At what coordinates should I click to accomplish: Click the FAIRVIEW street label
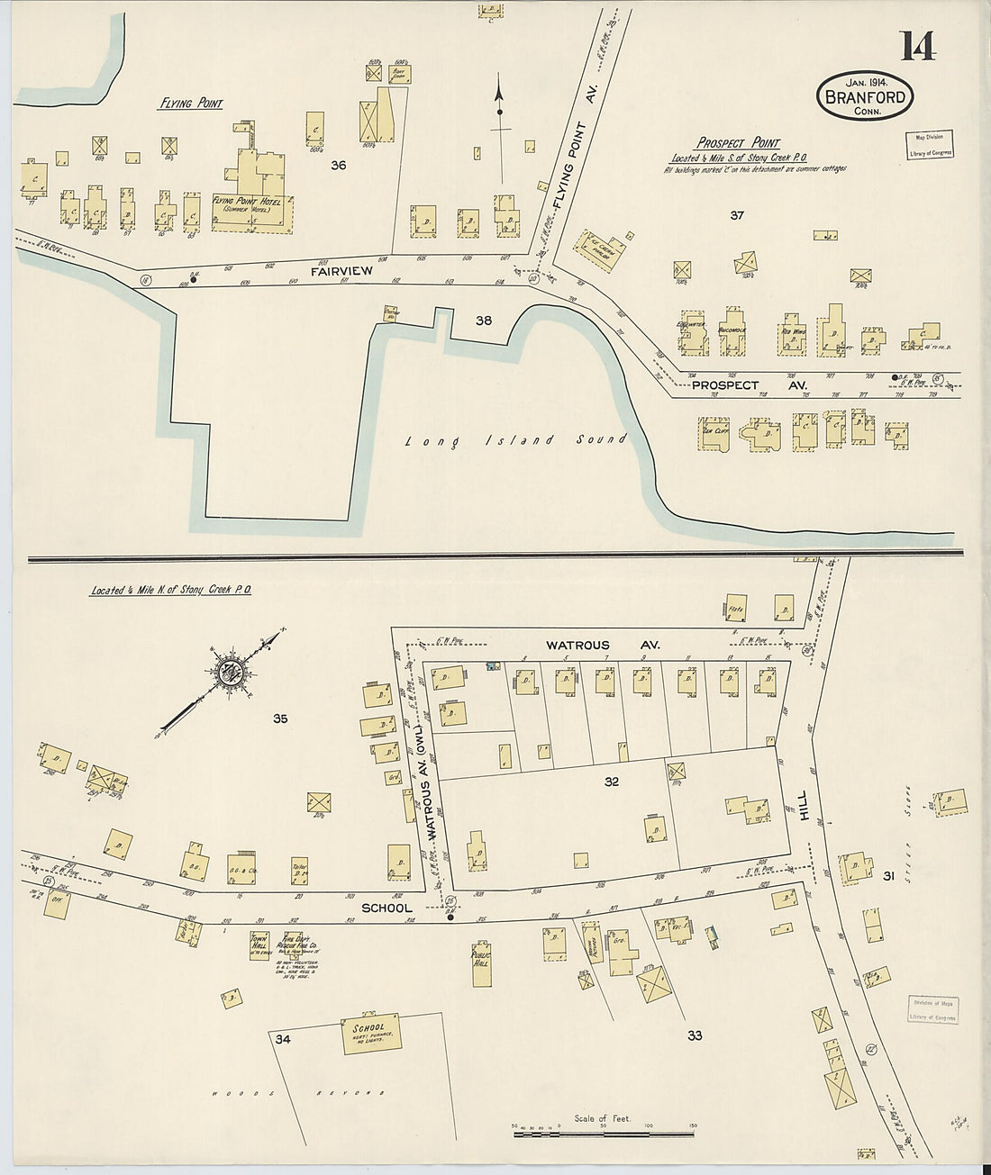312,268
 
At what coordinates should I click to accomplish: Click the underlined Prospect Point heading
737,143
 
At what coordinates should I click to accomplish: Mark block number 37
737,215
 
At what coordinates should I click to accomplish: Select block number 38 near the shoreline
484,318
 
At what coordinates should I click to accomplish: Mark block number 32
612,782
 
